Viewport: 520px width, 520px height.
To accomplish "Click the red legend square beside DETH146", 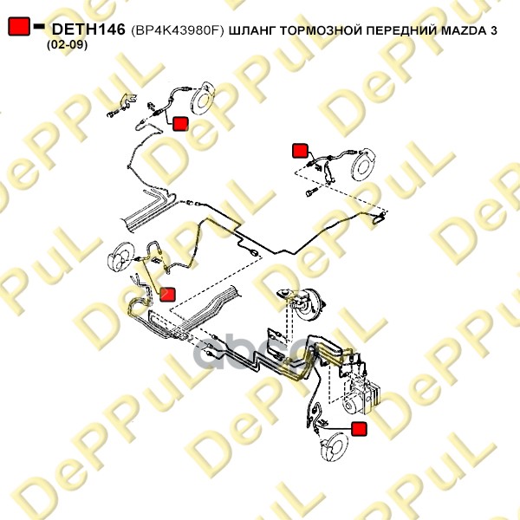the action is (x=19, y=26).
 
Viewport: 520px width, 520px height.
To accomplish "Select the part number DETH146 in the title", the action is (x=88, y=29).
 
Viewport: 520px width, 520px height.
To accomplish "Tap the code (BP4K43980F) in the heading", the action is (x=178, y=30).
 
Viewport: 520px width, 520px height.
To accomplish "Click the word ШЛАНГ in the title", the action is (x=252, y=31).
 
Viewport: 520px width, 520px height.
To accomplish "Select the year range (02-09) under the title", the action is (x=68, y=44).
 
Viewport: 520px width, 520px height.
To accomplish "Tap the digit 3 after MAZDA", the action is (x=493, y=30).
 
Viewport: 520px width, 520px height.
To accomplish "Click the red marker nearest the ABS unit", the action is (x=359, y=429).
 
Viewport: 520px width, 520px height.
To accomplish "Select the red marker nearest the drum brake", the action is (x=167, y=295).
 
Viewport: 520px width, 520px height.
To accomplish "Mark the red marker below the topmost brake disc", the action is (x=180, y=124).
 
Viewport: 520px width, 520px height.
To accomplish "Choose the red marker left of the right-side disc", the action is (x=300, y=151).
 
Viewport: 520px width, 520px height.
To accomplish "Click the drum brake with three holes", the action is (x=120, y=257).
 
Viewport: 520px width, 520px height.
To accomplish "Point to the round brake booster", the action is (x=307, y=305).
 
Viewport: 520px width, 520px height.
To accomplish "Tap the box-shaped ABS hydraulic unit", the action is (x=361, y=396).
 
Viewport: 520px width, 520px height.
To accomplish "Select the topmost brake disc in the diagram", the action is (x=202, y=98).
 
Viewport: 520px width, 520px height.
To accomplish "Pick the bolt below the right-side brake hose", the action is (x=311, y=192).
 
